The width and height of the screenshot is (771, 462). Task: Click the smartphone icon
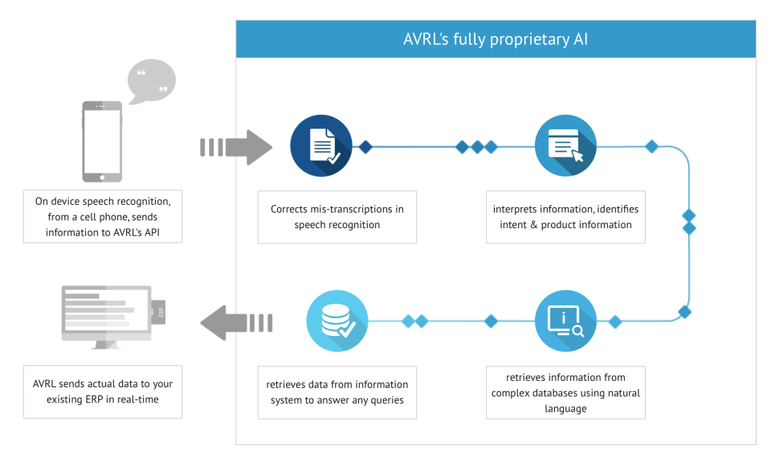click(102, 141)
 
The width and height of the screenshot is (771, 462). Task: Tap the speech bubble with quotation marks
click(152, 83)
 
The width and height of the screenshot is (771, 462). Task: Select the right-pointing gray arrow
click(236, 147)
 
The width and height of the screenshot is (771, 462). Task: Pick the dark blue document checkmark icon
click(320, 147)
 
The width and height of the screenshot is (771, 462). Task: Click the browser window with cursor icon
click(565, 147)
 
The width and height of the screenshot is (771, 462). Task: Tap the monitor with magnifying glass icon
click(565, 321)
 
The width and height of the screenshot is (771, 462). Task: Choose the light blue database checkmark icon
click(337, 321)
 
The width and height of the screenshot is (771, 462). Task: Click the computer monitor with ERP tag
click(107, 317)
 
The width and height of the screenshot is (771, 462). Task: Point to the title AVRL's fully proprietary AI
click(496, 39)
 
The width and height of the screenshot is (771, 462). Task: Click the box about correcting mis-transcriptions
click(337, 217)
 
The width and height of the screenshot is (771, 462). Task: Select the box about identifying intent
click(565, 217)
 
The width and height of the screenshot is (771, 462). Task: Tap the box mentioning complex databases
click(565, 394)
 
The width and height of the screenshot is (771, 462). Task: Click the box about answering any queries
click(337, 392)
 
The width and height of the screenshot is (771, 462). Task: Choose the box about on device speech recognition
click(103, 217)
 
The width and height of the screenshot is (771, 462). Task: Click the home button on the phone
click(102, 177)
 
